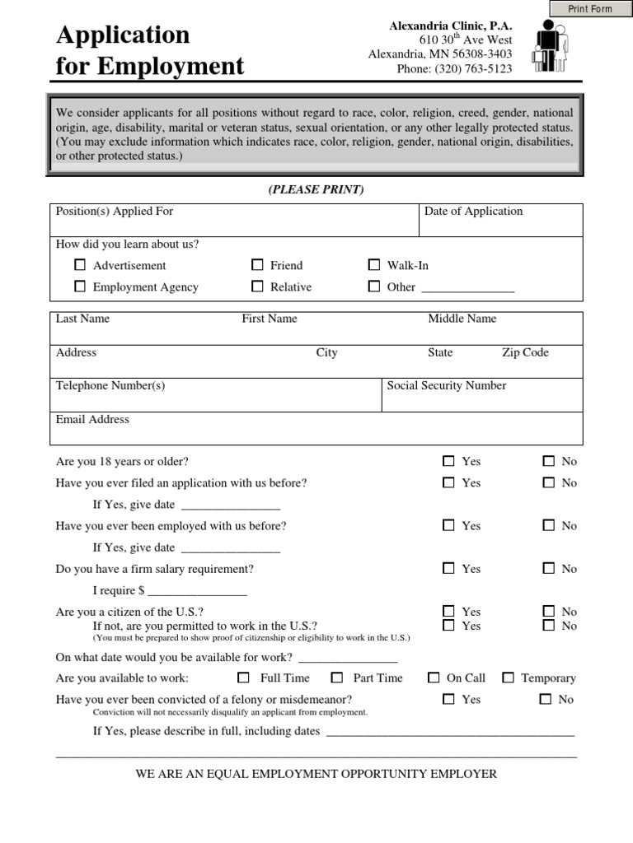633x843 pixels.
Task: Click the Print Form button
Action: click(591, 9)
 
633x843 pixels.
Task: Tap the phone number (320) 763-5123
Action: click(454, 69)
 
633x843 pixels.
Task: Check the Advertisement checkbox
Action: click(80, 265)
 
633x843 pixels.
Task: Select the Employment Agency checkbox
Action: click(80, 286)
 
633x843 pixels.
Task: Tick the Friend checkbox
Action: click(257, 265)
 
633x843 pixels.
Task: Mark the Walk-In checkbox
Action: click(374, 265)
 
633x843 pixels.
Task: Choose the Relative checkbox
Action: click(257, 286)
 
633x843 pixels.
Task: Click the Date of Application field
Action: click(501, 225)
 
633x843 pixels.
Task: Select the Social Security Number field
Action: click(481, 400)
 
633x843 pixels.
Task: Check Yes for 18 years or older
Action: click(448, 461)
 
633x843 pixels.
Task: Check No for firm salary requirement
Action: click(549, 568)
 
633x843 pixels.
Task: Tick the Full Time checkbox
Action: click(243, 678)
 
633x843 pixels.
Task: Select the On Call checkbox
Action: click(434, 678)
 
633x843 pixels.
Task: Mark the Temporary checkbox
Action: click(508, 678)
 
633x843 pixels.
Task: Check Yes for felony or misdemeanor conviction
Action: click(448, 699)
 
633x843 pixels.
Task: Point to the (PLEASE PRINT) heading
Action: click(316, 190)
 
